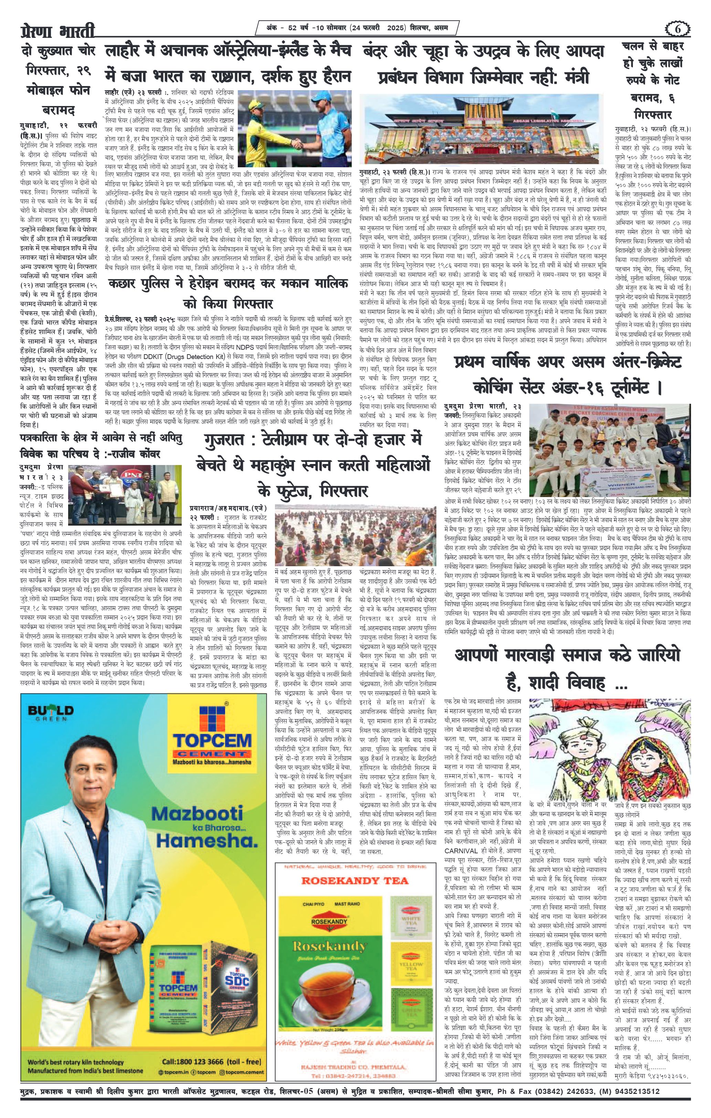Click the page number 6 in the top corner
[x=677, y=29]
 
